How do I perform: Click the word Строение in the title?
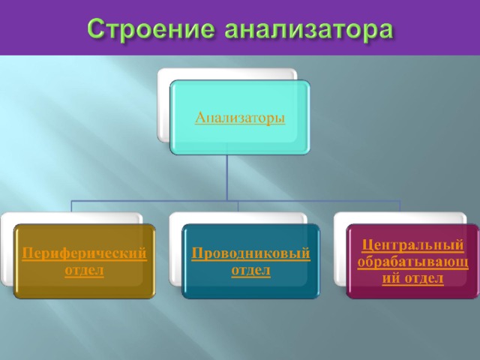point(151,30)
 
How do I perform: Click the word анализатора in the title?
point(309,30)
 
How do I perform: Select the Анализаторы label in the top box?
point(240,118)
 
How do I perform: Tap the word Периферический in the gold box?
point(84,253)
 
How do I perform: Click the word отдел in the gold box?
point(84,270)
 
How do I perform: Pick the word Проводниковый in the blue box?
point(250,253)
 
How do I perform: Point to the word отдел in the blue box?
point(250,270)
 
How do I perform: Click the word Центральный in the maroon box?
point(412,245)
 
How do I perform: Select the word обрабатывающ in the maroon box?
point(412,262)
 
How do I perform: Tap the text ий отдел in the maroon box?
point(412,278)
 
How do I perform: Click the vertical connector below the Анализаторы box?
point(226,177)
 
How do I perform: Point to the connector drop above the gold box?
point(72,206)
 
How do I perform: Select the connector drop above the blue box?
point(238,206)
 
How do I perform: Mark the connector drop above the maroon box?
point(400,206)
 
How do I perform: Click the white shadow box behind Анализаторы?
point(163,104)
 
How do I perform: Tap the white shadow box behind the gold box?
point(7,248)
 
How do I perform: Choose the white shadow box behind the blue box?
point(175,248)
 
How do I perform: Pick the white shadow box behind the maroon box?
point(340,248)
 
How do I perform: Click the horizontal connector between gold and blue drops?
point(155,201)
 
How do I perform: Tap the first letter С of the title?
point(96,30)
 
